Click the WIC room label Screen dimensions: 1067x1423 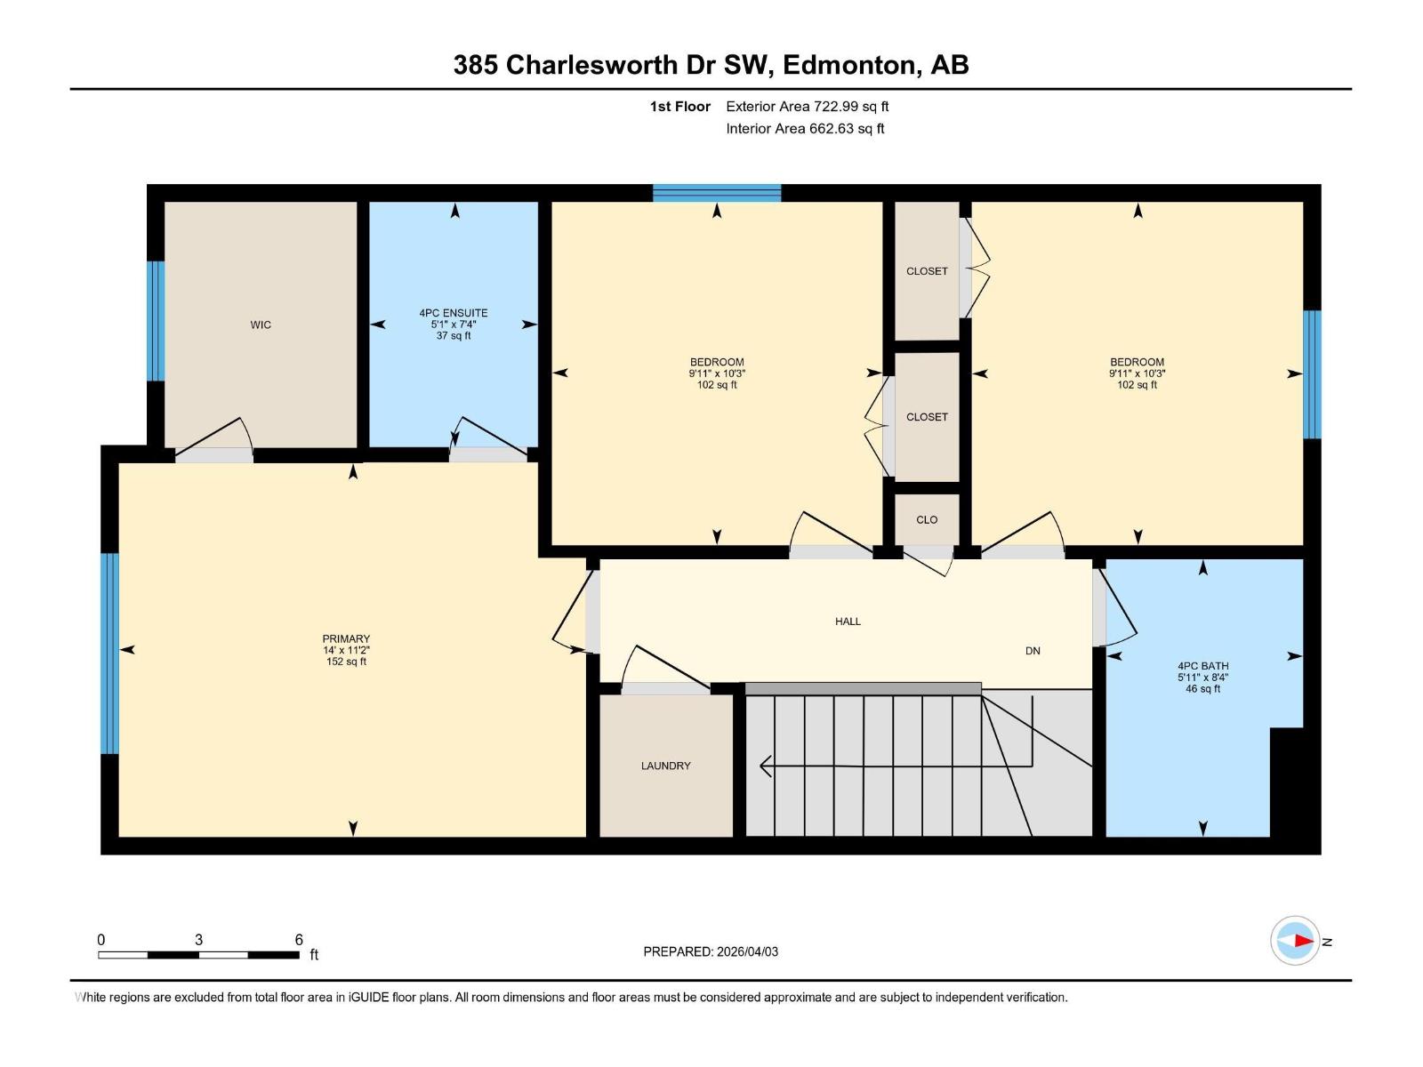click(261, 325)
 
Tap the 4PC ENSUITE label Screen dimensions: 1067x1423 click(454, 313)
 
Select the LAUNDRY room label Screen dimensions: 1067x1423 click(665, 766)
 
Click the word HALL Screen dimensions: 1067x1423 click(848, 622)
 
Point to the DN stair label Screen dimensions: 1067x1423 click(1033, 651)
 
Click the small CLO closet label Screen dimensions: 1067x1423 click(927, 520)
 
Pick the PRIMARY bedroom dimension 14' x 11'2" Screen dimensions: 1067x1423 click(346, 650)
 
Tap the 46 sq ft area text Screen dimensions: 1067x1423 click(1202, 688)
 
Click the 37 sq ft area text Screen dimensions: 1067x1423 click(454, 336)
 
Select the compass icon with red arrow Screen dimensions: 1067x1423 click(1295, 941)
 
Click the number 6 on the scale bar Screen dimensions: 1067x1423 click(299, 940)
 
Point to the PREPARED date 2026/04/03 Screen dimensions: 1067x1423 click(711, 951)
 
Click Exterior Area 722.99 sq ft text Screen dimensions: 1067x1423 click(807, 107)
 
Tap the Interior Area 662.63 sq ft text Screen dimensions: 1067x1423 click(805, 129)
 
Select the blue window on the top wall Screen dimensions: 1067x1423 click(717, 193)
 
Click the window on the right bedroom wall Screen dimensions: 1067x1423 click(1312, 374)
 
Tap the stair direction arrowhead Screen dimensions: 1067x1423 click(765, 766)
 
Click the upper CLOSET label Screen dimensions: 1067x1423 click(927, 271)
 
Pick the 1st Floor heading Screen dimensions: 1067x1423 click(679, 107)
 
